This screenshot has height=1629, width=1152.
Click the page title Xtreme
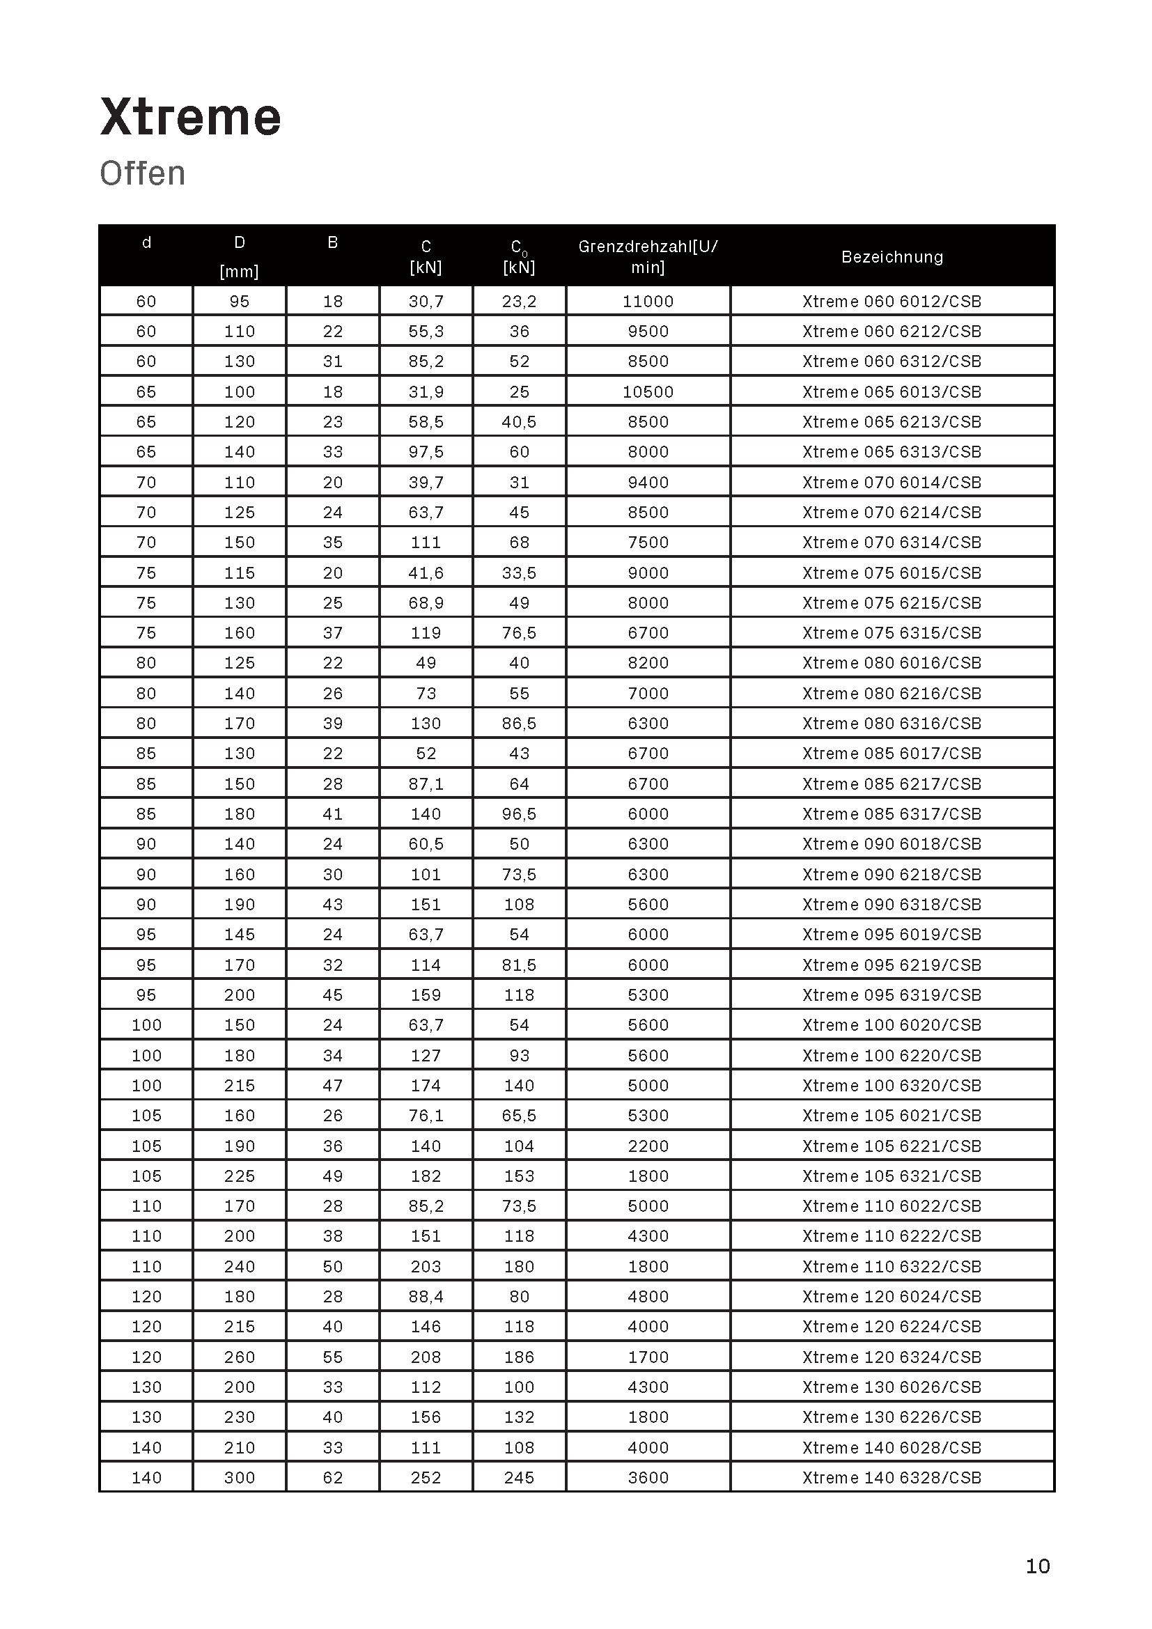pyautogui.click(x=190, y=117)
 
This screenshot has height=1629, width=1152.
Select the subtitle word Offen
pyautogui.click(x=143, y=174)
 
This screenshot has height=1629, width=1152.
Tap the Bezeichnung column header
pyautogui.click(x=892, y=257)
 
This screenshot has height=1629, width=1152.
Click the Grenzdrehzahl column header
pyautogui.click(x=648, y=256)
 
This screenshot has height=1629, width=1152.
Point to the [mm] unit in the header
pyautogui.click(x=239, y=271)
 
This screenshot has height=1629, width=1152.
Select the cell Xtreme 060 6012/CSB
pyautogui.click(x=892, y=302)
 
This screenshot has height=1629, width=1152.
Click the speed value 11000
pyautogui.click(x=648, y=302)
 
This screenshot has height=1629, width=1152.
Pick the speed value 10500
pyautogui.click(x=648, y=391)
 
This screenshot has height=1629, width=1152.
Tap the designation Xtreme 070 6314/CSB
pyautogui.click(x=892, y=543)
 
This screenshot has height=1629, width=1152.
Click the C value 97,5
pyautogui.click(x=426, y=452)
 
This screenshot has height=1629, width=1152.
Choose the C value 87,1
pyautogui.click(x=426, y=784)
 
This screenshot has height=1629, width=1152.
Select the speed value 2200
pyautogui.click(x=648, y=1146)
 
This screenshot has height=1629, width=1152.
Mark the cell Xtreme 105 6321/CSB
pyautogui.click(x=892, y=1176)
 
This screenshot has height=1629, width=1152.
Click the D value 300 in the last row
pyautogui.click(x=239, y=1478)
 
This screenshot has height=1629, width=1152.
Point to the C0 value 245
pyautogui.click(x=519, y=1478)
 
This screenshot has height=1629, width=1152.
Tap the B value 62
pyautogui.click(x=333, y=1478)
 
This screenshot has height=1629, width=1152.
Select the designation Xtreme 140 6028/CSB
pyautogui.click(x=892, y=1447)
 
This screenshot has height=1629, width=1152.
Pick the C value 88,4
pyautogui.click(x=426, y=1297)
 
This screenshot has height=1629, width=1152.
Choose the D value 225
pyautogui.click(x=239, y=1176)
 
